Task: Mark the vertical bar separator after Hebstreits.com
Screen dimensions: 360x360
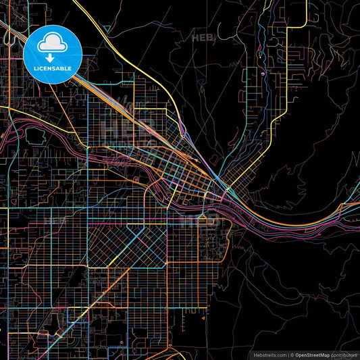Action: (x=288, y=353)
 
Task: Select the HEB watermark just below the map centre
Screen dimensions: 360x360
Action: (x=201, y=220)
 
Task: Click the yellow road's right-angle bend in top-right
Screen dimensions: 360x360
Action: (x=288, y=28)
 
